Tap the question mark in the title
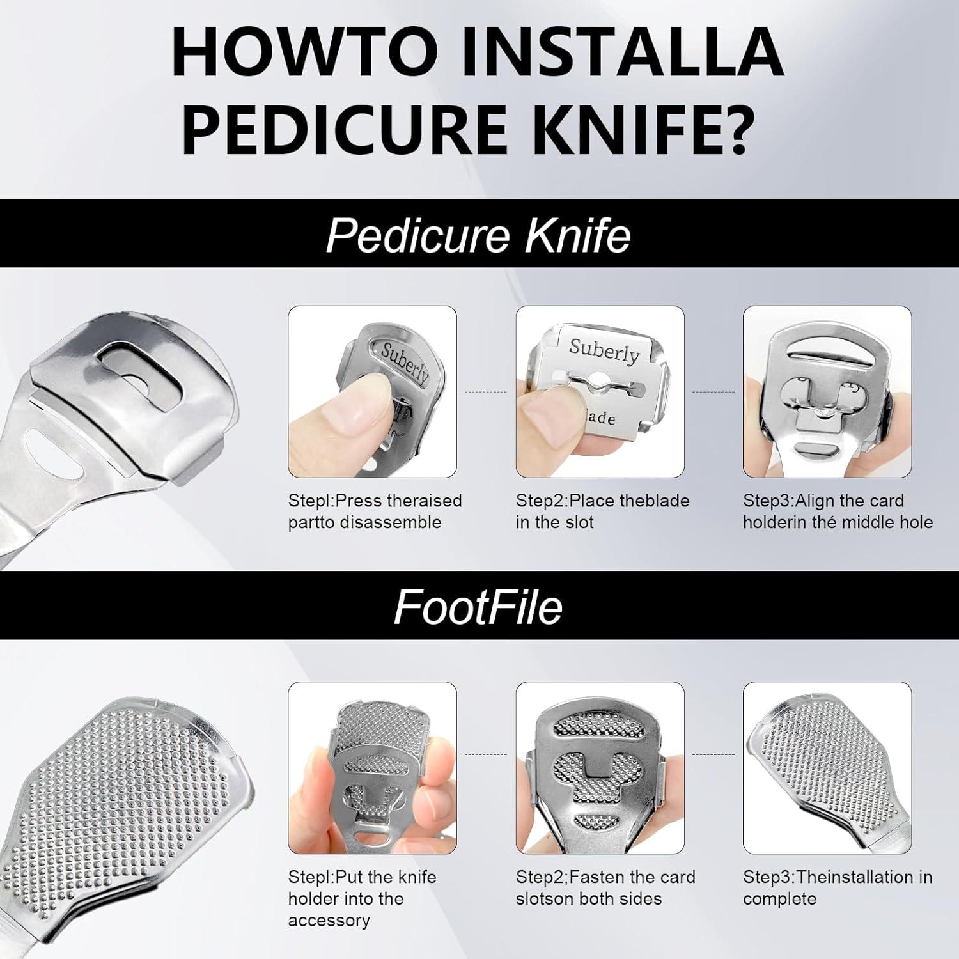click(731, 127)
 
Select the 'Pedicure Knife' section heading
click(478, 235)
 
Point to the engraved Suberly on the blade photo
click(604, 351)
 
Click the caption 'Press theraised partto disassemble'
click(375, 511)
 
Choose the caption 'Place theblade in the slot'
click(602, 511)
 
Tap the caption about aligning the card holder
click(838, 511)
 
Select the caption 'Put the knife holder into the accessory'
click(362, 898)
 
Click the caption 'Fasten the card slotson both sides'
click(605, 887)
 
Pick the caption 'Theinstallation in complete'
click(838, 887)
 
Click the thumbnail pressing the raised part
click(372, 391)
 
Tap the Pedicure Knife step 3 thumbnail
click(827, 391)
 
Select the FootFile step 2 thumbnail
click(600, 768)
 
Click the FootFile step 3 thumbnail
click(827, 768)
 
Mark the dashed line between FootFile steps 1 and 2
click(486, 754)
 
